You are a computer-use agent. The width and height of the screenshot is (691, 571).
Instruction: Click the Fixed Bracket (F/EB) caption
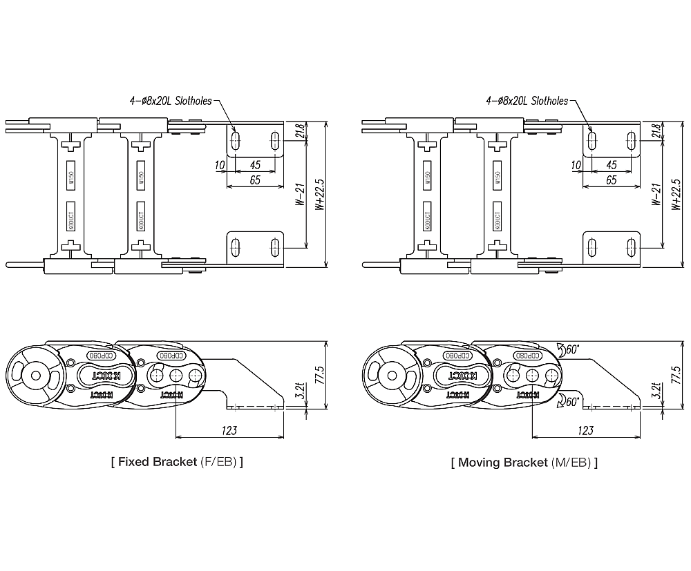coord(177,462)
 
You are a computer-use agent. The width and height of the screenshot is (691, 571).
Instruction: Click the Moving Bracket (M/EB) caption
coord(524,462)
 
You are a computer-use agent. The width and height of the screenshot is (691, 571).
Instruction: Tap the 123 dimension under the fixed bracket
coord(229,430)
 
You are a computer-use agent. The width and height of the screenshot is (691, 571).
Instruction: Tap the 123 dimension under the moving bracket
coord(585,430)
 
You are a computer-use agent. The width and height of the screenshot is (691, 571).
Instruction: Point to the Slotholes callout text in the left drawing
coord(171,101)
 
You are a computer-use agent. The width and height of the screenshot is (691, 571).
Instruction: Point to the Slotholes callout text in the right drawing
coord(527,101)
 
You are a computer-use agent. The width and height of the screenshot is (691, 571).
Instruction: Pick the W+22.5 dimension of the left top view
coord(319,195)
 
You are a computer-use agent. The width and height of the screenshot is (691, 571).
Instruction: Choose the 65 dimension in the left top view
coord(255,180)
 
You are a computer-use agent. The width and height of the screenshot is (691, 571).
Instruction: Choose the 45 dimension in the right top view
coord(611,165)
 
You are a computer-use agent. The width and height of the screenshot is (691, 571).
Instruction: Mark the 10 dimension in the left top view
coord(220,165)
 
